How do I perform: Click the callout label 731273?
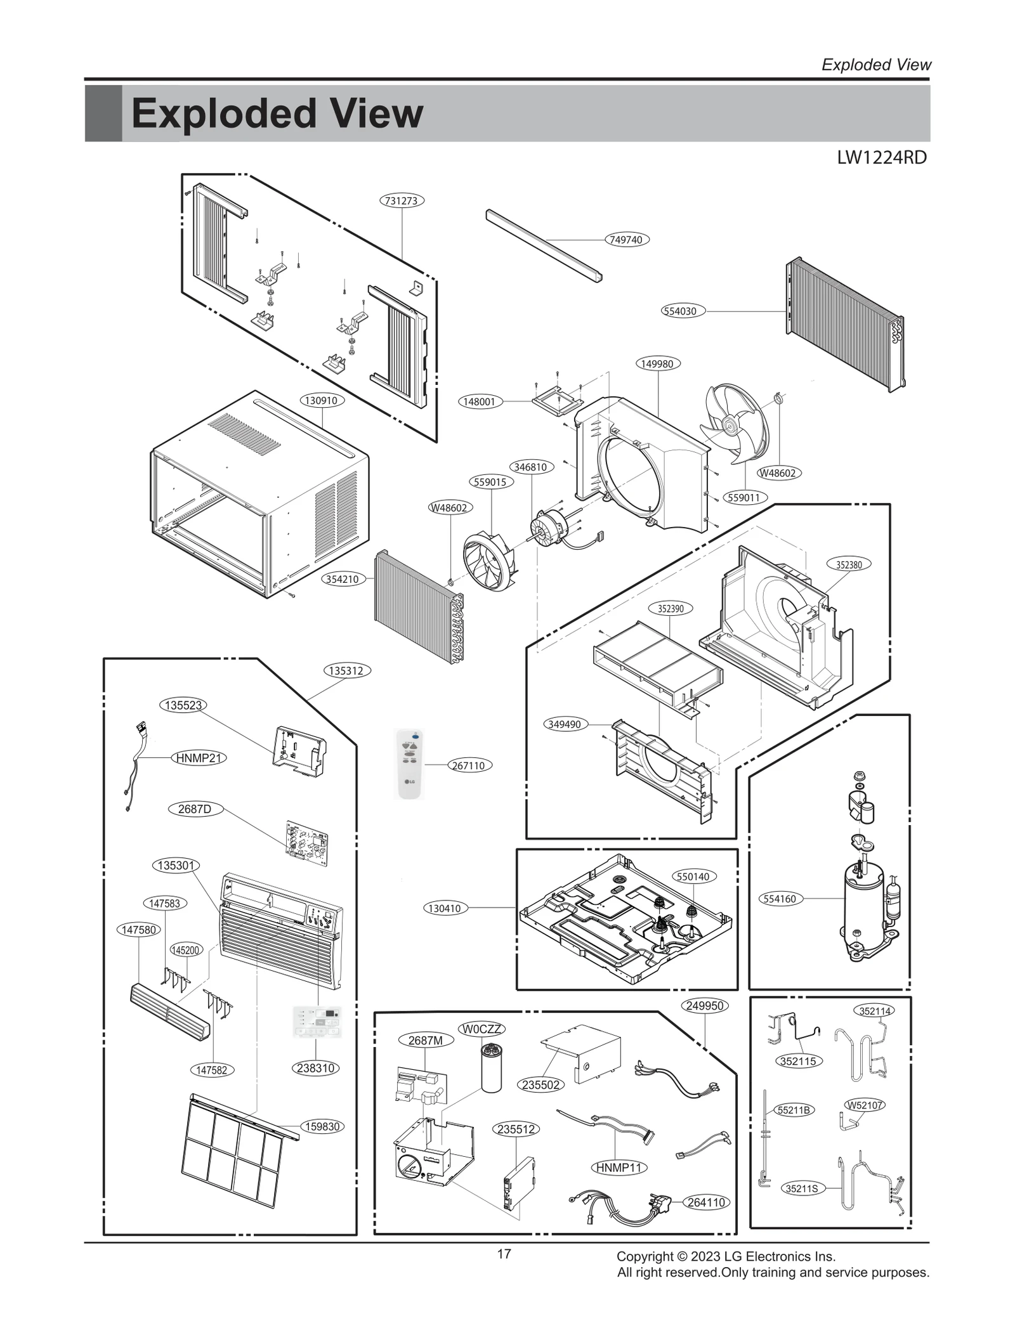tap(402, 200)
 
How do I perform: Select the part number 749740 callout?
tap(626, 240)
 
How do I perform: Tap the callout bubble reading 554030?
tap(680, 311)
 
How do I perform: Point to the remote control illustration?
tap(409, 764)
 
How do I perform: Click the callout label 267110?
tap(468, 765)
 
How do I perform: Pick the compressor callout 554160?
tap(780, 899)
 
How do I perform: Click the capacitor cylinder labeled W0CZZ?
tap(491, 1067)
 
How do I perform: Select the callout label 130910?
tap(322, 400)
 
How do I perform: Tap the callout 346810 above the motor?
tap(530, 467)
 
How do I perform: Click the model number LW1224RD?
tap(882, 158)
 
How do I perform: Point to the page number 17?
tap(504, 1254)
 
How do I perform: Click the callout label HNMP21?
tap(199, 758)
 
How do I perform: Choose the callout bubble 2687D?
tap(195, 809)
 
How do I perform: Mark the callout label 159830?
tap(323, 1126)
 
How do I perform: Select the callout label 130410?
tap(445, 908)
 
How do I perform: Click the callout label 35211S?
tap(802, 1188)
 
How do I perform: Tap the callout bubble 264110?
tap(706, 1202)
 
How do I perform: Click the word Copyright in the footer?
tap(643, 1256)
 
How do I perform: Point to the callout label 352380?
tap(849, 564)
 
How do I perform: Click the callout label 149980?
tap(657, 363)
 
